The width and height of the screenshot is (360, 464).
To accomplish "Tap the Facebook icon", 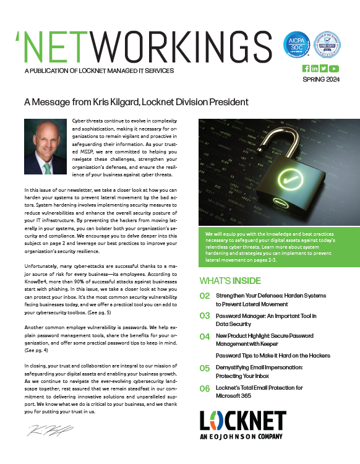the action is tap(306, 68).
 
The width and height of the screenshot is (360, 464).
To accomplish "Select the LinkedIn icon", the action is tap(315, 68).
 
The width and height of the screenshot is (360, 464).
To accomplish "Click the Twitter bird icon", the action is tap(324, 68).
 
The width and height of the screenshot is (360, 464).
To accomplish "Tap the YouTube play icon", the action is tap(333, 68).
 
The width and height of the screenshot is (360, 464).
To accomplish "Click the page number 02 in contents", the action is tap(205, 296).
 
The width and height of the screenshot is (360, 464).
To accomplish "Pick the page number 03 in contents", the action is tap(205, 316).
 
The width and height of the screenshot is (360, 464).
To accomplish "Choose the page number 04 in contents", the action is tap(205, 337).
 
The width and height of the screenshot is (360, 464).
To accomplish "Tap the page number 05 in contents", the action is tap(205, 368).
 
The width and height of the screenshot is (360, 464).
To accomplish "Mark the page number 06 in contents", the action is tap(205, 388).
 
